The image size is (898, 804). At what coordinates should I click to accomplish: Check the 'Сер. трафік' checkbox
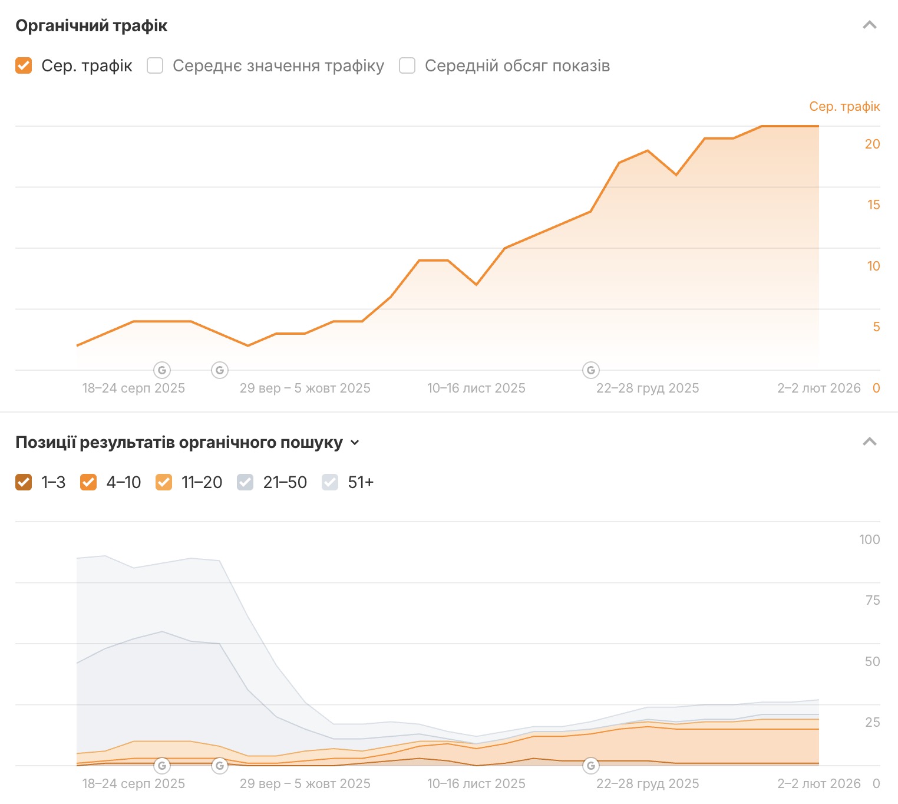(x=24, y=65)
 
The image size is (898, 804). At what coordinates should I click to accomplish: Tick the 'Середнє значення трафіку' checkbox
(x=155, y=65)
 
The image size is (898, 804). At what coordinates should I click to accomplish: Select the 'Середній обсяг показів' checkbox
(x=407, y=65)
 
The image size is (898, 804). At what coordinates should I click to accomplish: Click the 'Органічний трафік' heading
(x=91, y=26)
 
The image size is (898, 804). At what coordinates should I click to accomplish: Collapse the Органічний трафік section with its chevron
(x=869, y=25)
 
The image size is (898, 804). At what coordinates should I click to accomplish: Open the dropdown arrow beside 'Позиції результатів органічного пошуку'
(x=355, y=443)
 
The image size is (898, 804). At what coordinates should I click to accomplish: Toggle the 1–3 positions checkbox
(x=24, y=482)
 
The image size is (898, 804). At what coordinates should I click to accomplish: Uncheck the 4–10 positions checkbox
(x=88, y=482)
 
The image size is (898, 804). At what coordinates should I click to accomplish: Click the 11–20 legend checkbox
(x=164, y=482)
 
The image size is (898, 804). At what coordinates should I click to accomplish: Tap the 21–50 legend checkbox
(x=245, y=482)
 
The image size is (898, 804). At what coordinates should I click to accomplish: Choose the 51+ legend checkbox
(x=330, y=482)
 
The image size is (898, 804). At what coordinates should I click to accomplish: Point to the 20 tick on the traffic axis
(x=872, y=144)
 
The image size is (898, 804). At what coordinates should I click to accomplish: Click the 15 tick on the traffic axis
(x=873, y=205)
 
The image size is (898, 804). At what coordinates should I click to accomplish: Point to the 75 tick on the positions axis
(x=873, y=600)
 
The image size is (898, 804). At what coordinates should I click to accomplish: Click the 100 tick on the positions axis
(x=869, y=539)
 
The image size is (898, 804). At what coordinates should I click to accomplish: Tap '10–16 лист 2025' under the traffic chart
(x=476, y=388)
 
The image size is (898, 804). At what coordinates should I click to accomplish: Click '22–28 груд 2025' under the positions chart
(x=648, y=783)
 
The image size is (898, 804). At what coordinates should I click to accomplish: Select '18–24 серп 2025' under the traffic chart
(x=134, y=388)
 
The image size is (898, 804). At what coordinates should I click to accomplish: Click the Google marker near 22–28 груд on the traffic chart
(x=591, y=370)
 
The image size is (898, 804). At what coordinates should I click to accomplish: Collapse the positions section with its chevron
(x=869, y=442)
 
